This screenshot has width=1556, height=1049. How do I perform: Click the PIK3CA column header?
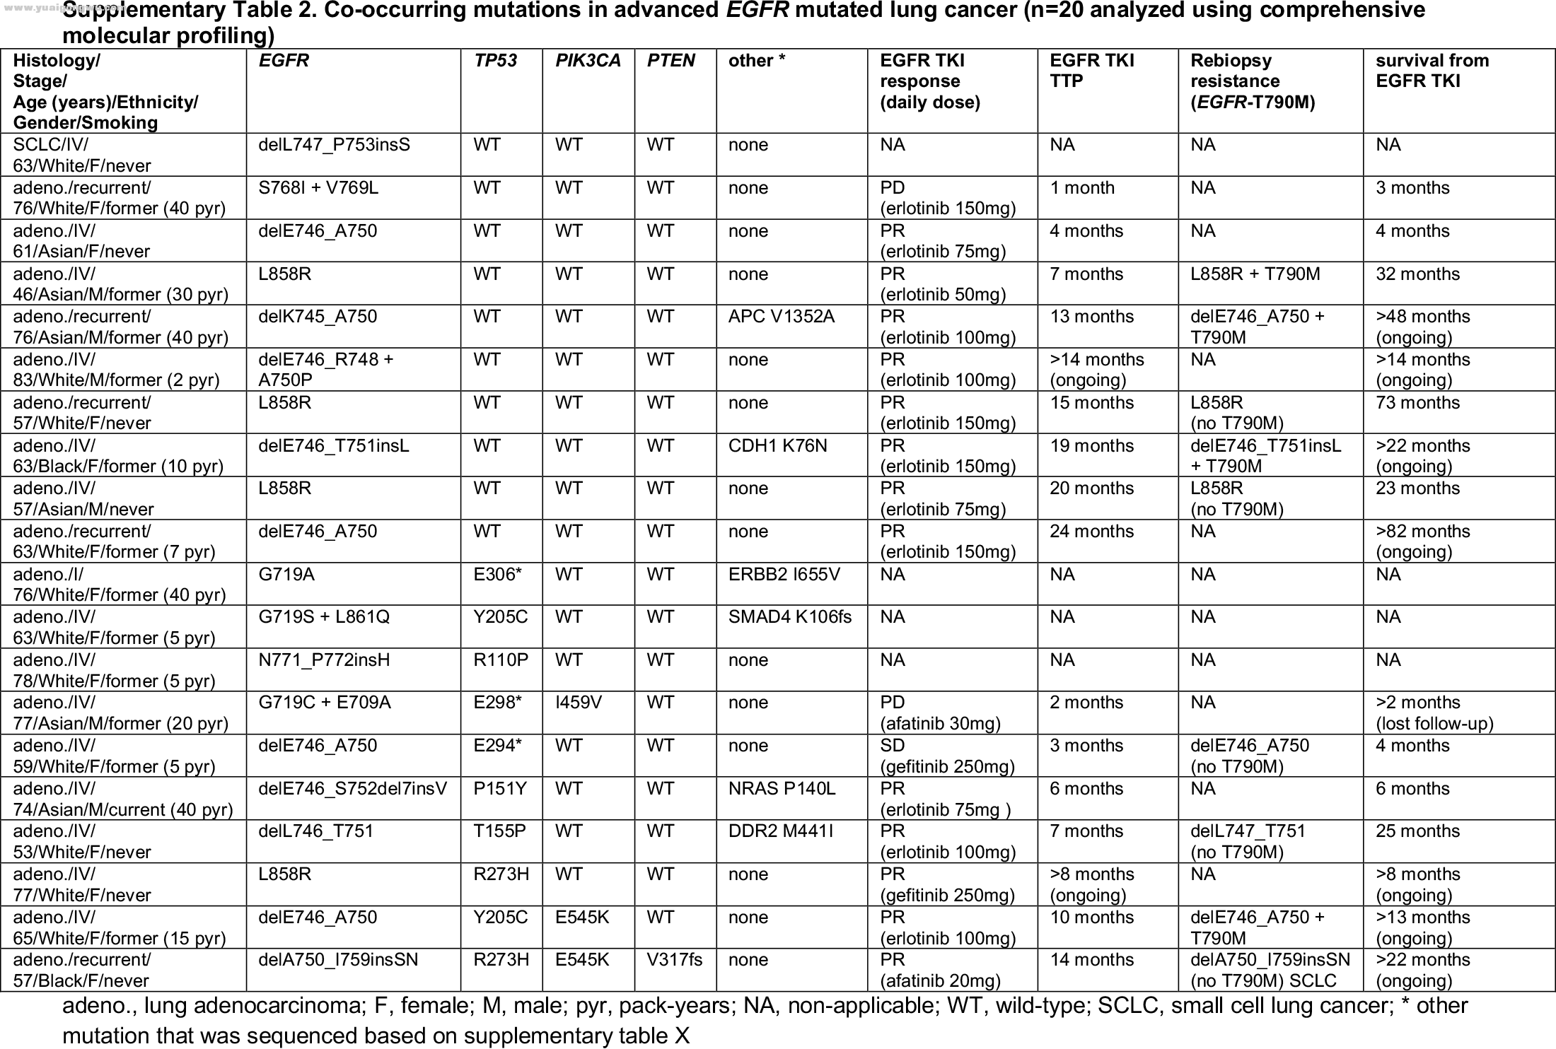coord(588,61)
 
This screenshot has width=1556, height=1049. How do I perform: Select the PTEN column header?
coord(670,61)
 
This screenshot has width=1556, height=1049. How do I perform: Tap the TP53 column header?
coord(495,61)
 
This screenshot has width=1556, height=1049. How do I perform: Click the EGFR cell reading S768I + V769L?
coord(318,188)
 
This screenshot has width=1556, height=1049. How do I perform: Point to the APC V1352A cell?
coord(781,317)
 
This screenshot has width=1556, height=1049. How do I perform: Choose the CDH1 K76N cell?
coord(777,446)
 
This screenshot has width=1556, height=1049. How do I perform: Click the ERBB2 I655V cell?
coord(784,575)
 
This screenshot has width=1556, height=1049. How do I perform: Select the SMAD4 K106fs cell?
coord(789,617)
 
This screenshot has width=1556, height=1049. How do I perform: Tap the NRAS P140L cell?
coord(782,789)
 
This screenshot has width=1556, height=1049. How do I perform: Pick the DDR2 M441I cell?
coord(780,831)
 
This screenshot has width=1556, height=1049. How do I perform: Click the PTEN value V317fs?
coord(675,960)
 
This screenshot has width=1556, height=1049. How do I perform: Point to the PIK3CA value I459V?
coord(579,703)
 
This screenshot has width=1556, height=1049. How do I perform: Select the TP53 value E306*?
coord(497,575)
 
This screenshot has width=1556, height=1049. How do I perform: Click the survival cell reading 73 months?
coord(1417,403)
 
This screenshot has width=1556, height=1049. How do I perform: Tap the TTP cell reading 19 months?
coord(1091,446)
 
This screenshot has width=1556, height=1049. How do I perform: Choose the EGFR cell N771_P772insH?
coord(324,660)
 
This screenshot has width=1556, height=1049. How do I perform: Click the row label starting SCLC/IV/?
coord(81,156)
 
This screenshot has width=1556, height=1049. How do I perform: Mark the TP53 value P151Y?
coord(500,789)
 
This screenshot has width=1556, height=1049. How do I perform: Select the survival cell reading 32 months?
coord(1417,274)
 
